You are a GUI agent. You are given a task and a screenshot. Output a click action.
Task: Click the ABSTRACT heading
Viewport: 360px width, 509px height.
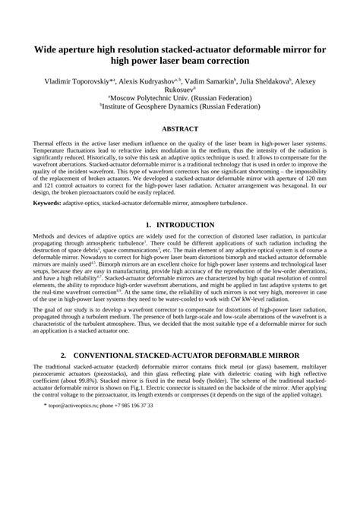(x=179, y=129)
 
